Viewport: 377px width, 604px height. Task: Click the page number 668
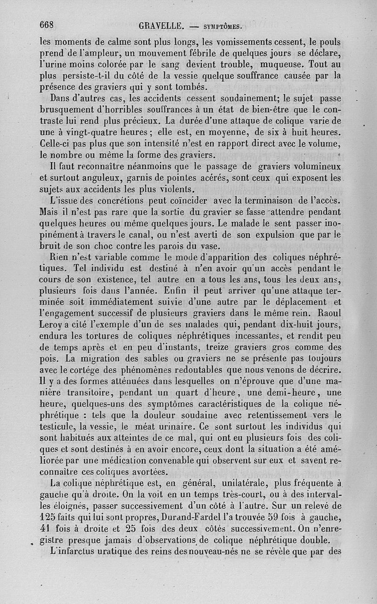(x=48, y=25)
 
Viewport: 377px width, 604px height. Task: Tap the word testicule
(x=57, y=427)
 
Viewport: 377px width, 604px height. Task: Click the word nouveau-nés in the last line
(x=229, y=552)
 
